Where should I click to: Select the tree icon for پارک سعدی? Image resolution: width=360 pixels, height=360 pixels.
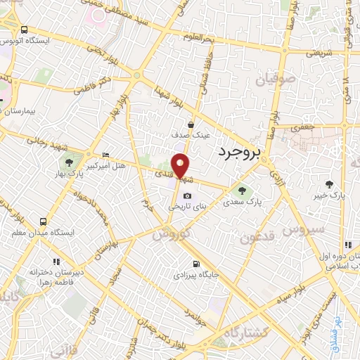[242, 189]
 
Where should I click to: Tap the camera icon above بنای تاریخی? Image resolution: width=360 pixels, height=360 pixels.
[187, 196]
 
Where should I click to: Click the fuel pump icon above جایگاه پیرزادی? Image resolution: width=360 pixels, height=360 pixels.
[194, 264]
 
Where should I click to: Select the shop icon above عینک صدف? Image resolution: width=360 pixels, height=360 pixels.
[191, 124]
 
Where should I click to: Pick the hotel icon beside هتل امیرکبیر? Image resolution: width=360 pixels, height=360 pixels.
[105, 155]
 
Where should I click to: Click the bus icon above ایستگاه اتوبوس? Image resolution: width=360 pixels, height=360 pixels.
[25, 30]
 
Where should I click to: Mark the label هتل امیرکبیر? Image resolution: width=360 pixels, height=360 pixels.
[105, 165]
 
